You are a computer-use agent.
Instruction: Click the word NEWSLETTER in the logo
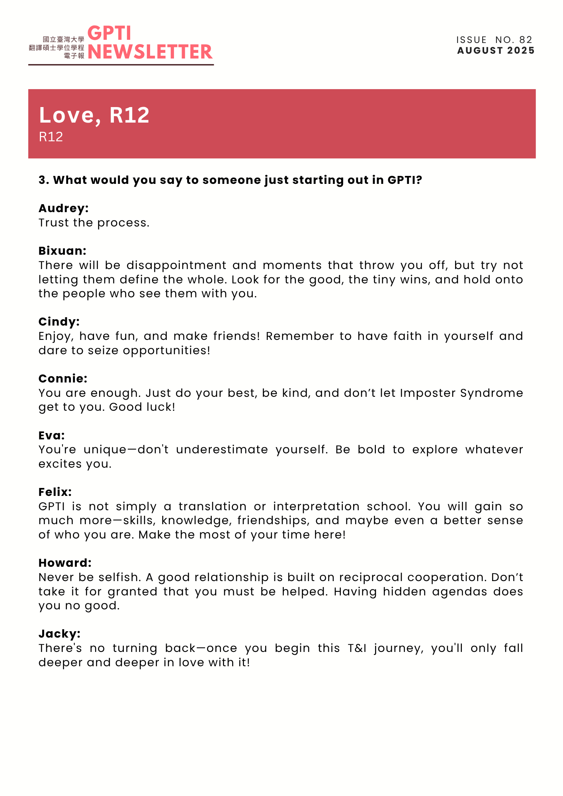click(150, 52)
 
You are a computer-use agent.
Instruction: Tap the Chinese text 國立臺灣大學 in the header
click(64, 39)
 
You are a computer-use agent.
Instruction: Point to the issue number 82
click(526, 40)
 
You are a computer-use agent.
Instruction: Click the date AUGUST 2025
click(496, 51)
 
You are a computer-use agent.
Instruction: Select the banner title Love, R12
click(94, 115)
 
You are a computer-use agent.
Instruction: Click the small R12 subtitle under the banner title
click(51, 137)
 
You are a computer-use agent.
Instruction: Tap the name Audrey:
click(64, 208)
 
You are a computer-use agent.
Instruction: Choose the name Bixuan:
click(63, 251)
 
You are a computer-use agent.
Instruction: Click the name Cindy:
click(59, 322)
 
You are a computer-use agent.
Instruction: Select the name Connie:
click(63, 378)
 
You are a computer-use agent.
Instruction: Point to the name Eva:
click(52, 435)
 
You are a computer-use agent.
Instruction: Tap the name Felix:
click(55, 492)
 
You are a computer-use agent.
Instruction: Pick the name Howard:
click(65, 563)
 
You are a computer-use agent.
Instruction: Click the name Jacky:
click(60, 634)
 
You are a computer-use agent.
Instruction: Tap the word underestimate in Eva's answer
click(222, 450)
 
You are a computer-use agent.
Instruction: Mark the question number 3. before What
click(43, 180)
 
